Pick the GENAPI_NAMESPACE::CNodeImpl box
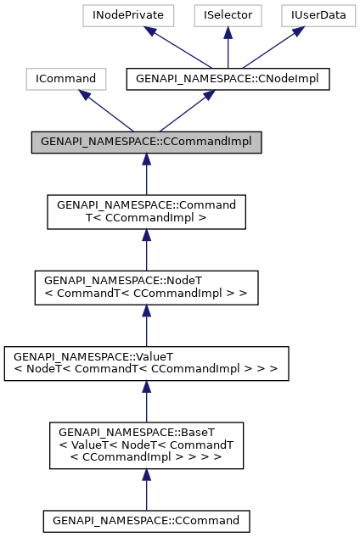(228, 79)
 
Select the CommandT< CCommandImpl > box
(146, 212)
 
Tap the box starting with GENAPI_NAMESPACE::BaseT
(146, 445)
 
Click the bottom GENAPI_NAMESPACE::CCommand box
(146, 519)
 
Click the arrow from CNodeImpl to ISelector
(227, 47)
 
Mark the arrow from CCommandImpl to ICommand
(107, 110)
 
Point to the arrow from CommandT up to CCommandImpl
(146, 174)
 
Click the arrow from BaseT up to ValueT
(146, 400)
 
